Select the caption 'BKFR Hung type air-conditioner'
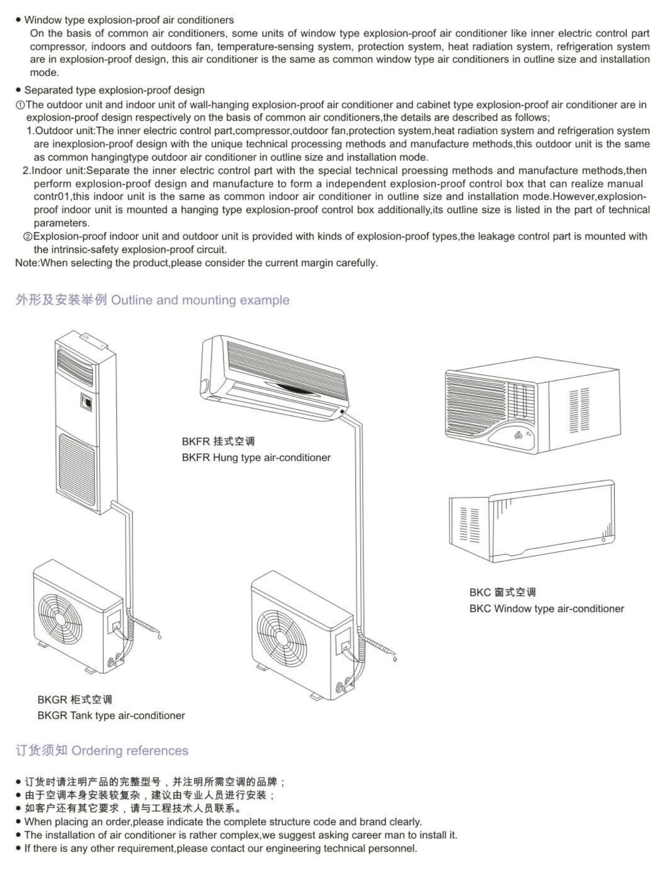point(256,457)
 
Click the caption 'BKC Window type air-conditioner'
point(546,609)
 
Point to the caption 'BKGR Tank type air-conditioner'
point(111,715)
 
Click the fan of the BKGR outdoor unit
point(60,616)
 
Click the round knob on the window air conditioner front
point(517,436)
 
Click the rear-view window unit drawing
point(532,522)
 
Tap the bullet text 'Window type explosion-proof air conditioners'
point(129,20)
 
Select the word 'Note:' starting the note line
point(27,263)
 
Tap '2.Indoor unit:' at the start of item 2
point(54,170)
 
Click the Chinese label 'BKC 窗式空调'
point(502,592)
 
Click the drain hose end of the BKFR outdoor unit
point(394,659)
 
